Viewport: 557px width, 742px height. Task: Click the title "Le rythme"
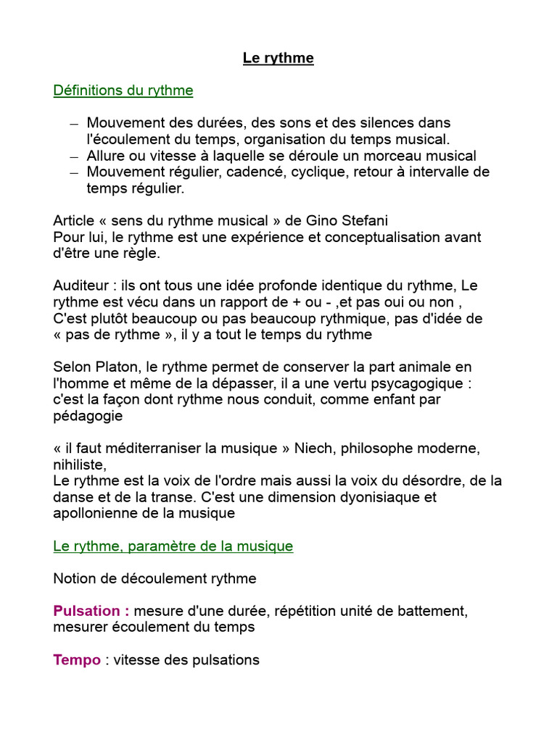tap(278, 58)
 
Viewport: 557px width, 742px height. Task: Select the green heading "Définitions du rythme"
tap(123, 91)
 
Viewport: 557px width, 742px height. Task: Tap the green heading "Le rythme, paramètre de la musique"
tap(173, 546)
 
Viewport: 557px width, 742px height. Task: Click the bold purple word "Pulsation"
tap(87, 611)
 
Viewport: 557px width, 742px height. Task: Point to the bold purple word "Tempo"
tap(77, 660)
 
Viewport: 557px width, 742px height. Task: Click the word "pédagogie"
tap(88, 416)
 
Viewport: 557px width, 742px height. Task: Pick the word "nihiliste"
tap(79, 464)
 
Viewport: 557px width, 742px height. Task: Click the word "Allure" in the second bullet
tap(107, 156)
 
